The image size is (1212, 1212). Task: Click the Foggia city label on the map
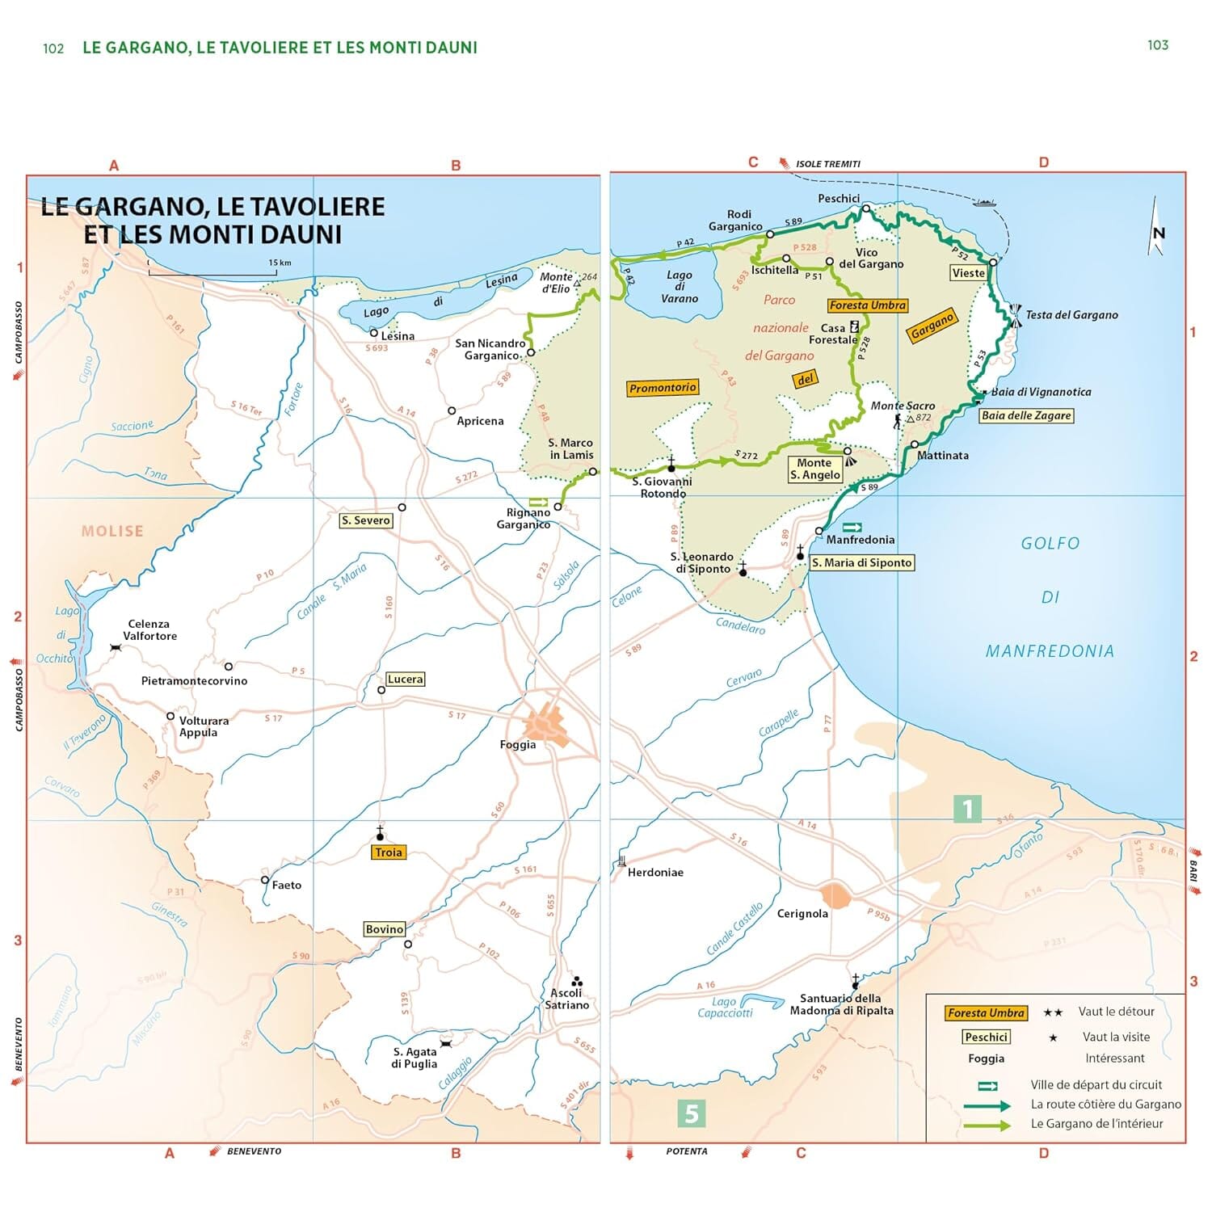tap(517, 744)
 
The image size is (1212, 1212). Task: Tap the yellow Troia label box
tap(388, 852)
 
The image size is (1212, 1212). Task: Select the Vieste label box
tap(968, 273)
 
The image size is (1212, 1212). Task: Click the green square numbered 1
tap(967, 808)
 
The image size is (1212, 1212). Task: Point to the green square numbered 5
tap(691, 1113)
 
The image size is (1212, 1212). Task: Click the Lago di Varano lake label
tap(680, 287)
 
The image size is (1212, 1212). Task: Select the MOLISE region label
tap(112, 531)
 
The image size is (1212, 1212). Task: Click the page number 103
tap(1157, 45)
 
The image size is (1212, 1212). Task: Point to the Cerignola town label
tap(802, 913)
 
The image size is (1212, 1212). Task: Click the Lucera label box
tap(405, 680)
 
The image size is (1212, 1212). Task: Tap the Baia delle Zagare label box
tap(1026, 415)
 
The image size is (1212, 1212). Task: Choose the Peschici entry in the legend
tap(986, 1037)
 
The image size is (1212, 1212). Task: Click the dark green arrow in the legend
tap(987, 1105)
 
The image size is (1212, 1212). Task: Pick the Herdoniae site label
tap(655, 873)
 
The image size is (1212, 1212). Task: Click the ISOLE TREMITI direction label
tap(827, 164)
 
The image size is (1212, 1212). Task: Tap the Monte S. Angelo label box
tap(814, 469)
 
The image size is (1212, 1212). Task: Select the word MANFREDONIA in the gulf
tap(1049, 651)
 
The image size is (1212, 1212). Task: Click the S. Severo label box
tap(366, 520)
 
